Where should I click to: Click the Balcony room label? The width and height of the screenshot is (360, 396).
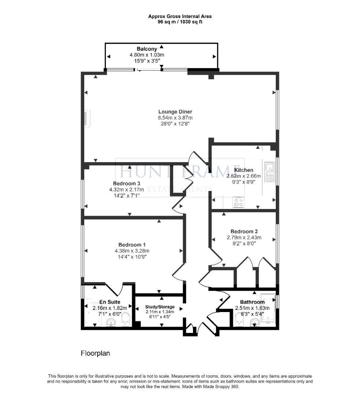[147, 49]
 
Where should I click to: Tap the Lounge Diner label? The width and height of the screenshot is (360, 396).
[175, 112]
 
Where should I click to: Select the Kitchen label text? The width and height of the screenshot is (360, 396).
[244, 170]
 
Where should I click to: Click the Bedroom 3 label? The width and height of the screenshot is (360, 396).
[126, 183]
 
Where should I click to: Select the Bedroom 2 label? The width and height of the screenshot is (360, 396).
[244, 231]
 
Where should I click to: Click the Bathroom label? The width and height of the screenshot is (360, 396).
[252, 302]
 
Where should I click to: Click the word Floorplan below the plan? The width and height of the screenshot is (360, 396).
[95, 353]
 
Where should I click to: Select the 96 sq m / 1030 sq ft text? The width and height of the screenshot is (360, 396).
[180, 22]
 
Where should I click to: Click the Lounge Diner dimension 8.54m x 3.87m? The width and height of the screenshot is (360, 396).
[175, 118]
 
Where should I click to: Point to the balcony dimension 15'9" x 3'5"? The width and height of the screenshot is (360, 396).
[147, 60]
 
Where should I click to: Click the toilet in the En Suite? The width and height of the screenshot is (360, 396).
[125, 319]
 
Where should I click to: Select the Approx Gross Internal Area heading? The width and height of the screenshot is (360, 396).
[180, 16]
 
